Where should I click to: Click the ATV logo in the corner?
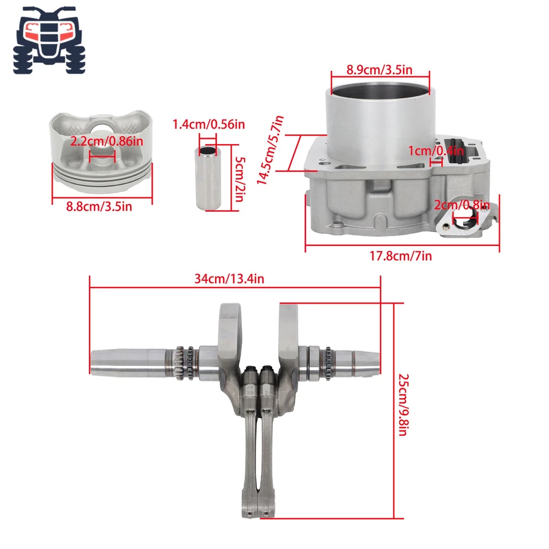pyautogui.click(x=49, y=40)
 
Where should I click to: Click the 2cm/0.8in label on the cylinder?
pyautogui.click(x=462, y=204)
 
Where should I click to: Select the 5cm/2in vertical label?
pyautogui.click(x=240, y=178)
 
